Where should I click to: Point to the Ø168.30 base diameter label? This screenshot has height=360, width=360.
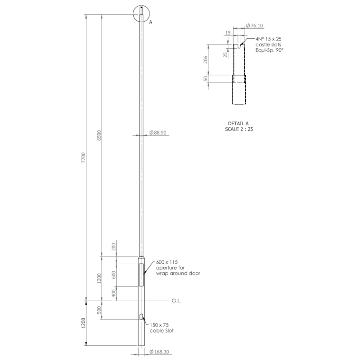pyautogui.click(x=161, y=352)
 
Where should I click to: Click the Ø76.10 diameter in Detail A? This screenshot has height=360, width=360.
pyautogui.click(x=255, y=26)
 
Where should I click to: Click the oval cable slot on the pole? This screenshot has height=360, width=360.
pyautogui.click(x=142, y=317)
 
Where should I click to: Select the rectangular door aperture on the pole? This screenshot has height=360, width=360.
pyautogui.click(x=142, y=275)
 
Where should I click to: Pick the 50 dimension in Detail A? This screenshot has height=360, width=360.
pyautogui.click(x=206, y=78)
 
